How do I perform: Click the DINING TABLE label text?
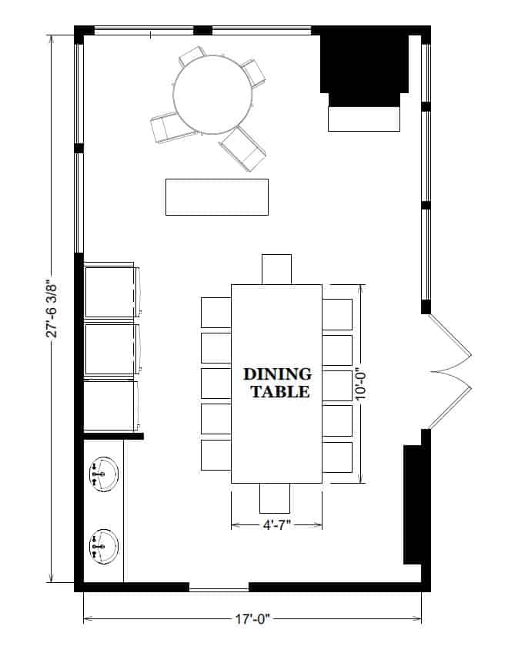(277, 383)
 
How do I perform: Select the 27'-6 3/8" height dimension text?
(52, 308)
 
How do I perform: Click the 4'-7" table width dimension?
(277, 524)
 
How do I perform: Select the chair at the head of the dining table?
(277, 269)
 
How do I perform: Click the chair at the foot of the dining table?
(275, 498)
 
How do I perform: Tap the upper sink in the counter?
(104, 473)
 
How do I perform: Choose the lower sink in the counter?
(104, 544)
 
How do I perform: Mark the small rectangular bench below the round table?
(217, 197)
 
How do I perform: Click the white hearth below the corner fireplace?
(365, 119)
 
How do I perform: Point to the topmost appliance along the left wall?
(112, 291)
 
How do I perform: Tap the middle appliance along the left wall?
(112, 350)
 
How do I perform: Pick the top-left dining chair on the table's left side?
(216, 313)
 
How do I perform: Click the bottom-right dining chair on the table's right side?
(337, 456)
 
